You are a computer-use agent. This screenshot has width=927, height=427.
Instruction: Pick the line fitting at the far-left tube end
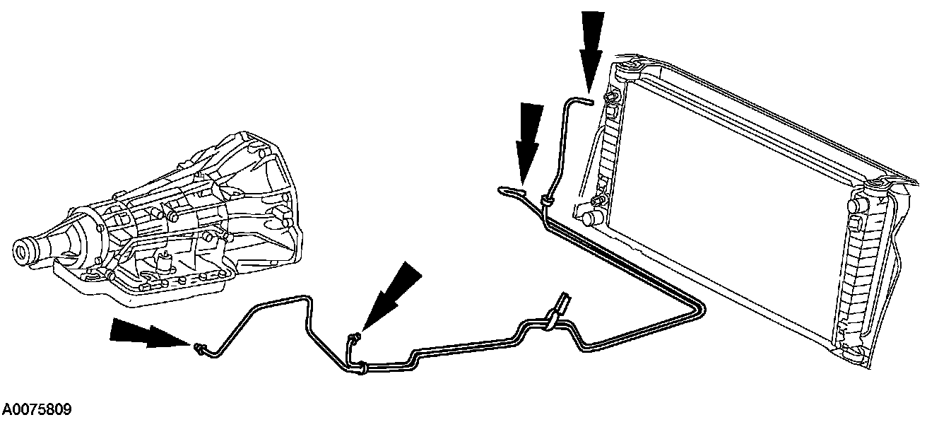[x=199, y=346]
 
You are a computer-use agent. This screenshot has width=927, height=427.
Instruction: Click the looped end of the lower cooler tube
[x=509, y=189]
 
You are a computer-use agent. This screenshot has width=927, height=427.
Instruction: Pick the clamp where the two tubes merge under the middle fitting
[x=361, y=365]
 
